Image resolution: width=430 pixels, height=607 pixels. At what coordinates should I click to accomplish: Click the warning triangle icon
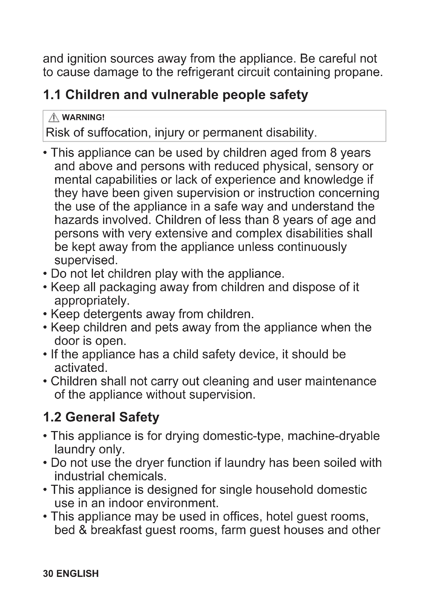pos(54,117)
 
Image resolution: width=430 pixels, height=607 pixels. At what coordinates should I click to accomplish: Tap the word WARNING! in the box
pos(83,117)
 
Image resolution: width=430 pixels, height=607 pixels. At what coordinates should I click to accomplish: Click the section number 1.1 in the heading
pos(52,95)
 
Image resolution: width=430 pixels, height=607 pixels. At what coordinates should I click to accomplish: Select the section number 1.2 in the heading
pos(52,417)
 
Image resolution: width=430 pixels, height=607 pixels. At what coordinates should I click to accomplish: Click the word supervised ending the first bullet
pos(86,260)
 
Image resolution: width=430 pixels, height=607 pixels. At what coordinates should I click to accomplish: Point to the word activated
pos(81,368)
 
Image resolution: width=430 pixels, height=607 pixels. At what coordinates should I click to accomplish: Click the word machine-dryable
pos(334,436)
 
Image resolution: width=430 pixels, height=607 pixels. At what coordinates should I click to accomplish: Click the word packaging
pos(128,287)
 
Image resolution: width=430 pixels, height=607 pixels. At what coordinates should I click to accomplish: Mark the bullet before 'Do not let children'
pos(45,274)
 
